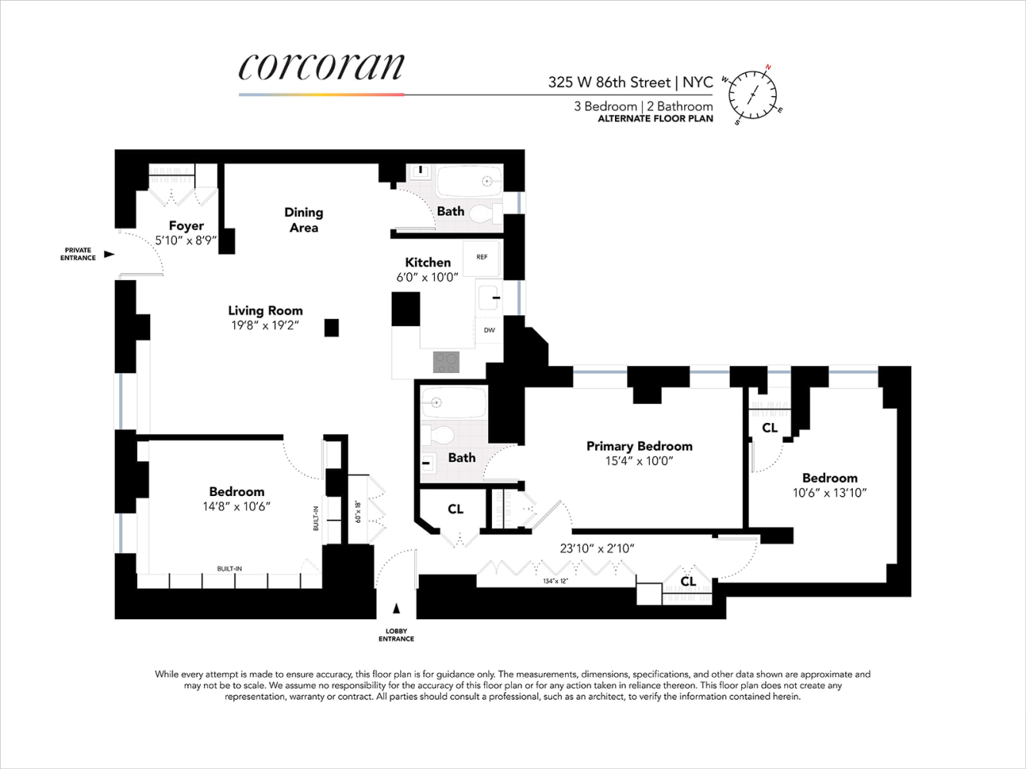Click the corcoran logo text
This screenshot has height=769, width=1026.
321,67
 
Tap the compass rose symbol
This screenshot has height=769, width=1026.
752,95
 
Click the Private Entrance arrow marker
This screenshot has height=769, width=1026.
109,254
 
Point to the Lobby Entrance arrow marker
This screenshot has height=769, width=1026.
396,609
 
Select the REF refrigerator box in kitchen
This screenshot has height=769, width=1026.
482,258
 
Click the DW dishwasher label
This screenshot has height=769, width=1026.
490,330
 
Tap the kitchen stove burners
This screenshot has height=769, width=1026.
446,361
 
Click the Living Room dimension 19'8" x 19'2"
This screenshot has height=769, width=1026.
265,326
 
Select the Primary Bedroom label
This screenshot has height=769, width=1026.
639,446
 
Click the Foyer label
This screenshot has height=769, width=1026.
186,225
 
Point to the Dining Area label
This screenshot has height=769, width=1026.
303,220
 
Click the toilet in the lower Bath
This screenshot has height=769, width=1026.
440,434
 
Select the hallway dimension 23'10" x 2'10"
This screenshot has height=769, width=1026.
597,548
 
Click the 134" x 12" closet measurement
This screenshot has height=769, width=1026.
554,581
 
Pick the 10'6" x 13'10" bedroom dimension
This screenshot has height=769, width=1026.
830,493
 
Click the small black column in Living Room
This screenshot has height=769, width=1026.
331,328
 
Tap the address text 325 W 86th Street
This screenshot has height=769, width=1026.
608,82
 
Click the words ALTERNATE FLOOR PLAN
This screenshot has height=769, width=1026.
655,119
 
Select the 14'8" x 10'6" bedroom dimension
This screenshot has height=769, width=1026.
236,507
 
